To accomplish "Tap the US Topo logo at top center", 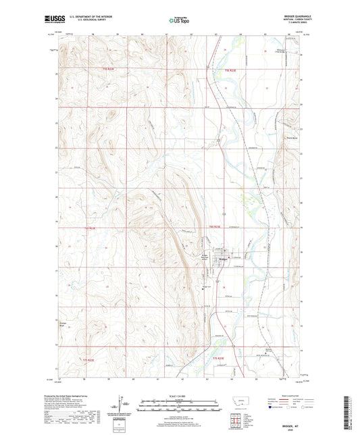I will [x=180, y=21].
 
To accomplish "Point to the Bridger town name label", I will [x=224, y=259].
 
